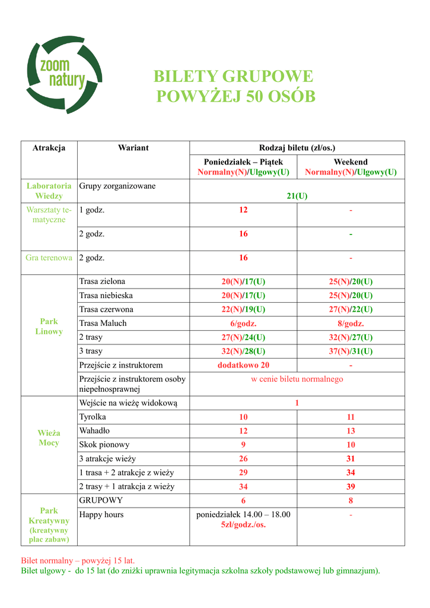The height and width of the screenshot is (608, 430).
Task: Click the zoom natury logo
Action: [63, 74]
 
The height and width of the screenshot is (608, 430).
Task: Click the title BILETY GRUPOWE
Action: [233, 77]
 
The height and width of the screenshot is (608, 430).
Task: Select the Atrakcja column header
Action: [49, 148]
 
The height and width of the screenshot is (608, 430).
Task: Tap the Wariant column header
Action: [133, 148]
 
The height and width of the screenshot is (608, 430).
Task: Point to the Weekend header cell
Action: [350, 162]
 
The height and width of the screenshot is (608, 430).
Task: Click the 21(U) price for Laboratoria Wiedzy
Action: [297, 196]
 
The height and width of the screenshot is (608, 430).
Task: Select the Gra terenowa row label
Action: [49, 258]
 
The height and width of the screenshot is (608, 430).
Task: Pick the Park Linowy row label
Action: [49, 327]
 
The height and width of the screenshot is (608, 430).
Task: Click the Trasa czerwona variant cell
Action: [106, 309]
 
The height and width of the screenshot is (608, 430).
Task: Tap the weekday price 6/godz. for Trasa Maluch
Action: [243, 324]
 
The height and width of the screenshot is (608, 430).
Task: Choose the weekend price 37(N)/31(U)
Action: [351, 351]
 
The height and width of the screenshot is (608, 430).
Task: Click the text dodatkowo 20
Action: [243, 365]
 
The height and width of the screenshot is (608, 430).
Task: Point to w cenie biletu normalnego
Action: [297, 379]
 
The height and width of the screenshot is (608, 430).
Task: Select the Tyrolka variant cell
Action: [93, 417]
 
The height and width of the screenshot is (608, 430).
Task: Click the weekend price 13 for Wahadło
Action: [351, 431]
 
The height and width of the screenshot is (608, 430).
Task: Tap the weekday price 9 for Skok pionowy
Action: [243, 445]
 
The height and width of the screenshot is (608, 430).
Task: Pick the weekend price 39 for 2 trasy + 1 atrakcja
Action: [351, 487]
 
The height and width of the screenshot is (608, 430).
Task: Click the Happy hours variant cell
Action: [101, 515]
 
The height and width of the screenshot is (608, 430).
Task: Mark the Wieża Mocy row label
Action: [49, 438]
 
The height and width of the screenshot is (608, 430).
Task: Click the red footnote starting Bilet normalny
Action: [78, 560]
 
